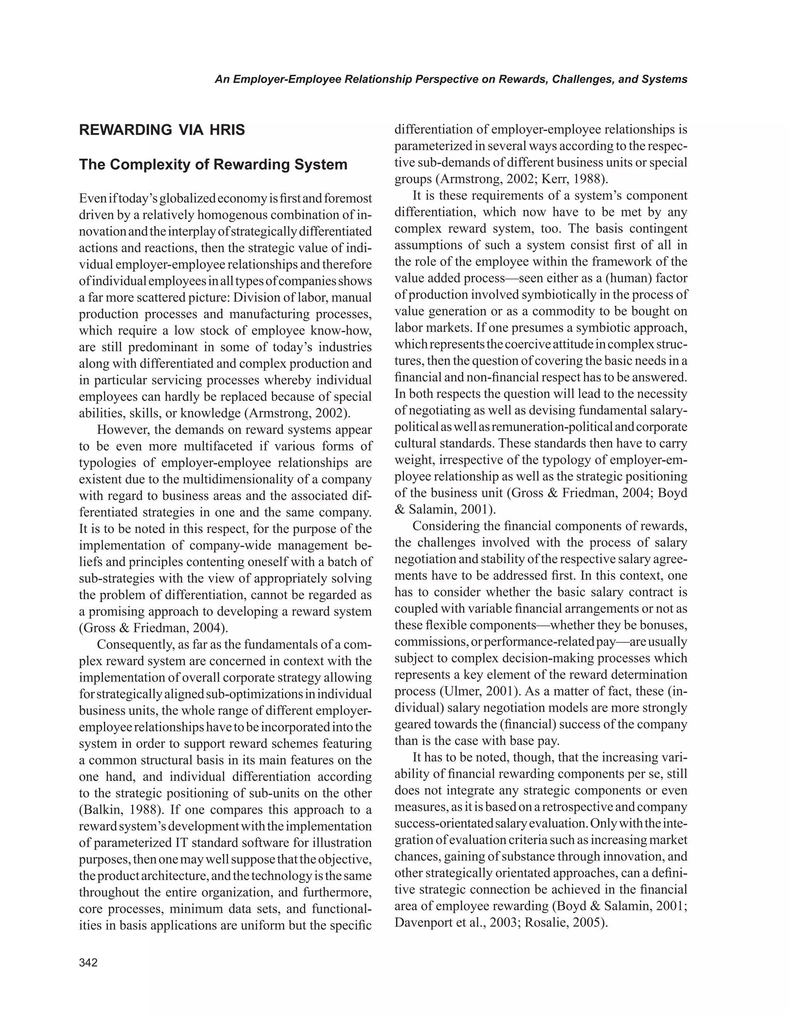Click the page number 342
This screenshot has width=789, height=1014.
pyautogui.click(x=88, y=962)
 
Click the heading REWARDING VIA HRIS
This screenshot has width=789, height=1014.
pyautogui.click(x=162, y=130)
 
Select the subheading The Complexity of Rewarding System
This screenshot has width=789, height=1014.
pyautogui.click(x=213, y=164)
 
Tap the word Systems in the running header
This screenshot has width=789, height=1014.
pyautogui.click(x=665, y=79)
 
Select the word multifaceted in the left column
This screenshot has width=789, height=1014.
pyautogui.click(x=220, y=446)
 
